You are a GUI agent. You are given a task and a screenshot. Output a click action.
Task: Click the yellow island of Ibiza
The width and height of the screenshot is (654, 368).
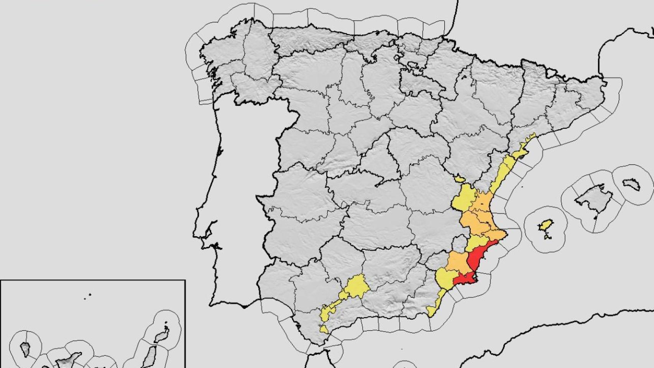(546, 226)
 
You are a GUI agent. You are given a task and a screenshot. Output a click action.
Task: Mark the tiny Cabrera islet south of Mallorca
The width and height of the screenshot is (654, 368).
(595, 218)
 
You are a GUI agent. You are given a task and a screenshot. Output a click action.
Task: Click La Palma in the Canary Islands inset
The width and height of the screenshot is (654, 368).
(25, 349)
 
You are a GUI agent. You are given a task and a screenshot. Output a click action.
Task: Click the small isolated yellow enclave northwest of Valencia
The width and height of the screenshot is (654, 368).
(459, 179)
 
